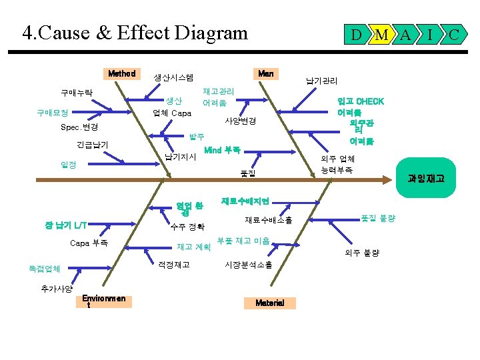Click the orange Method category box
tap(122, 73)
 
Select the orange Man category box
tap(265, 73)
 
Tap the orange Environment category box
tap(104, 301)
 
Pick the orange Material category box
tap(269, 303)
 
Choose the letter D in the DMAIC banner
tap(357, 33)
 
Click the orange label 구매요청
tap(52, 113)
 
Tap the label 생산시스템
tap(174, 77)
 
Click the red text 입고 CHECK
tap(361, 101)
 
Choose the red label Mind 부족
tap(222, 150)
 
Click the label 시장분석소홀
tap(249, 265)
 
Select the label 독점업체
tap(45, 269)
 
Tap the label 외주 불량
tap(362, 253)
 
